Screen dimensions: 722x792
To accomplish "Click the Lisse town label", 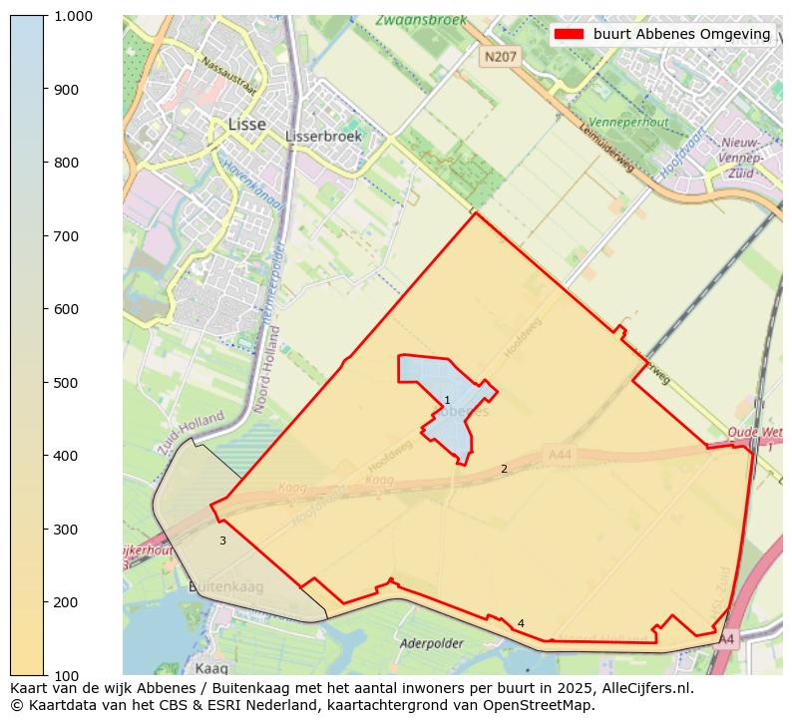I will point(246,125).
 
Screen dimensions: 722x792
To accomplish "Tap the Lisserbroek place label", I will point(323,136).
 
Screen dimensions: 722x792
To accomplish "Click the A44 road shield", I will point(561,454).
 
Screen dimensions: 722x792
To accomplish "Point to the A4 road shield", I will point(726,638).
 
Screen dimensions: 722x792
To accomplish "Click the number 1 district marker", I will point(447,400).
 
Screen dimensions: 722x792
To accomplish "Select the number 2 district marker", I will point(504,469).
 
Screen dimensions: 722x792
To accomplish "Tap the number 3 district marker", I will point(222,541).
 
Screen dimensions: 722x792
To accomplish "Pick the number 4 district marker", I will point(521,623).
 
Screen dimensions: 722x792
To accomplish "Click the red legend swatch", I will point(569,34).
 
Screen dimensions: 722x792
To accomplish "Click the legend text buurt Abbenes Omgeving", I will point(681,34).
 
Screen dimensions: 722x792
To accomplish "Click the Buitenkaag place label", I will point(225,586).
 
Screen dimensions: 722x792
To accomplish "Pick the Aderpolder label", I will point(432,644).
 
